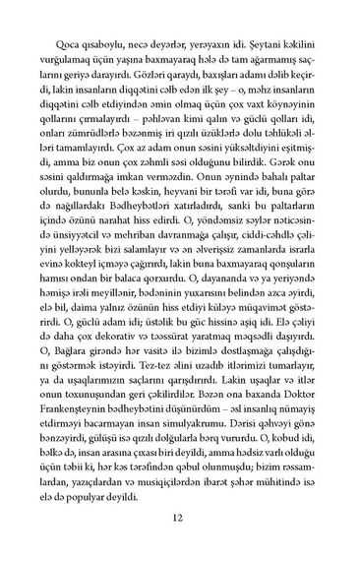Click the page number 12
(180, 519)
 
